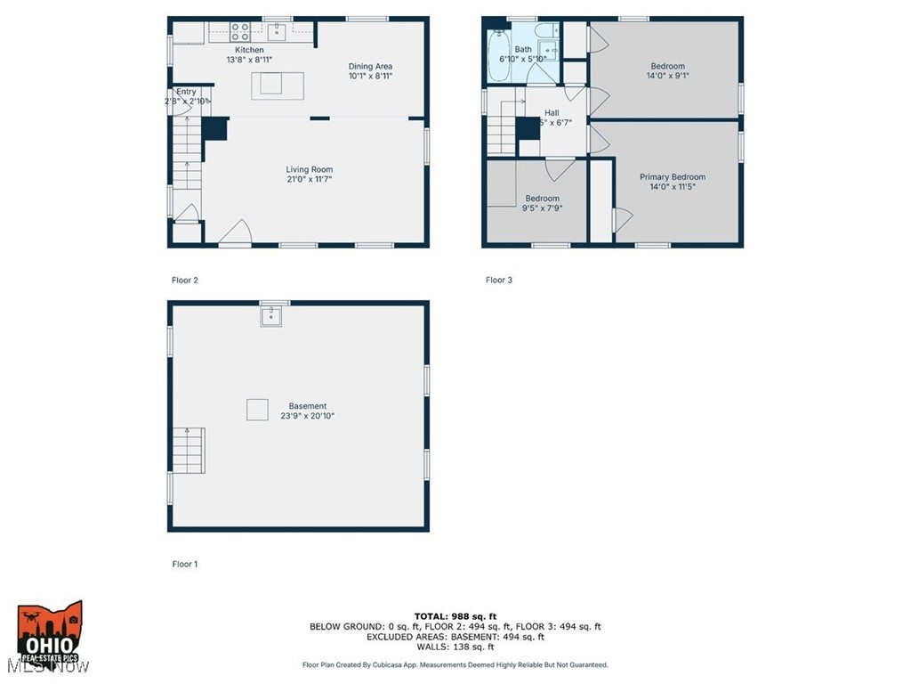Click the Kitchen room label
249,50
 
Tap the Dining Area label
370,66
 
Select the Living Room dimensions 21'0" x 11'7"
309,180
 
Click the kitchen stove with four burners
240,32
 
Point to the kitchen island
278,85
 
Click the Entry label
186,92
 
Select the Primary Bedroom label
672,177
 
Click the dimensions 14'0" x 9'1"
667,77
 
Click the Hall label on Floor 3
552,113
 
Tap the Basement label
307,406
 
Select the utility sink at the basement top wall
270,315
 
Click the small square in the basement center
257,409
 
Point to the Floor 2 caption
185,280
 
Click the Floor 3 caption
499,280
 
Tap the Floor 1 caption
185,564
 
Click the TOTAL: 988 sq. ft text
455,616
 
